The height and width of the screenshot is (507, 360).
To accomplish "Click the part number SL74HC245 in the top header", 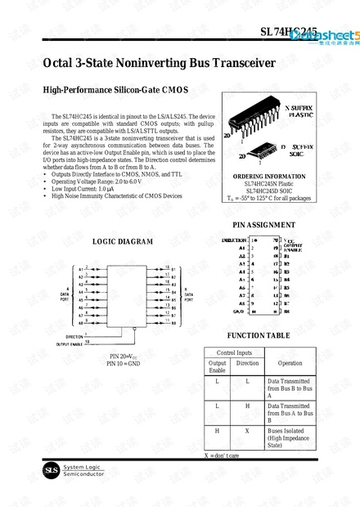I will [289, 32].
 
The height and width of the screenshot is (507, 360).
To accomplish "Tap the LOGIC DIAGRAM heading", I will [122, 241].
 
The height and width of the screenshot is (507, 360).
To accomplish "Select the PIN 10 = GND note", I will [124, 363].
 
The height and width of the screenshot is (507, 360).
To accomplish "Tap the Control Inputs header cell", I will [233, 352].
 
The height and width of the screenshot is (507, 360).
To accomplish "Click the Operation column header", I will [290, 363].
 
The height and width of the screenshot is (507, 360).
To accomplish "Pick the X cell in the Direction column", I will [247, 428].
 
